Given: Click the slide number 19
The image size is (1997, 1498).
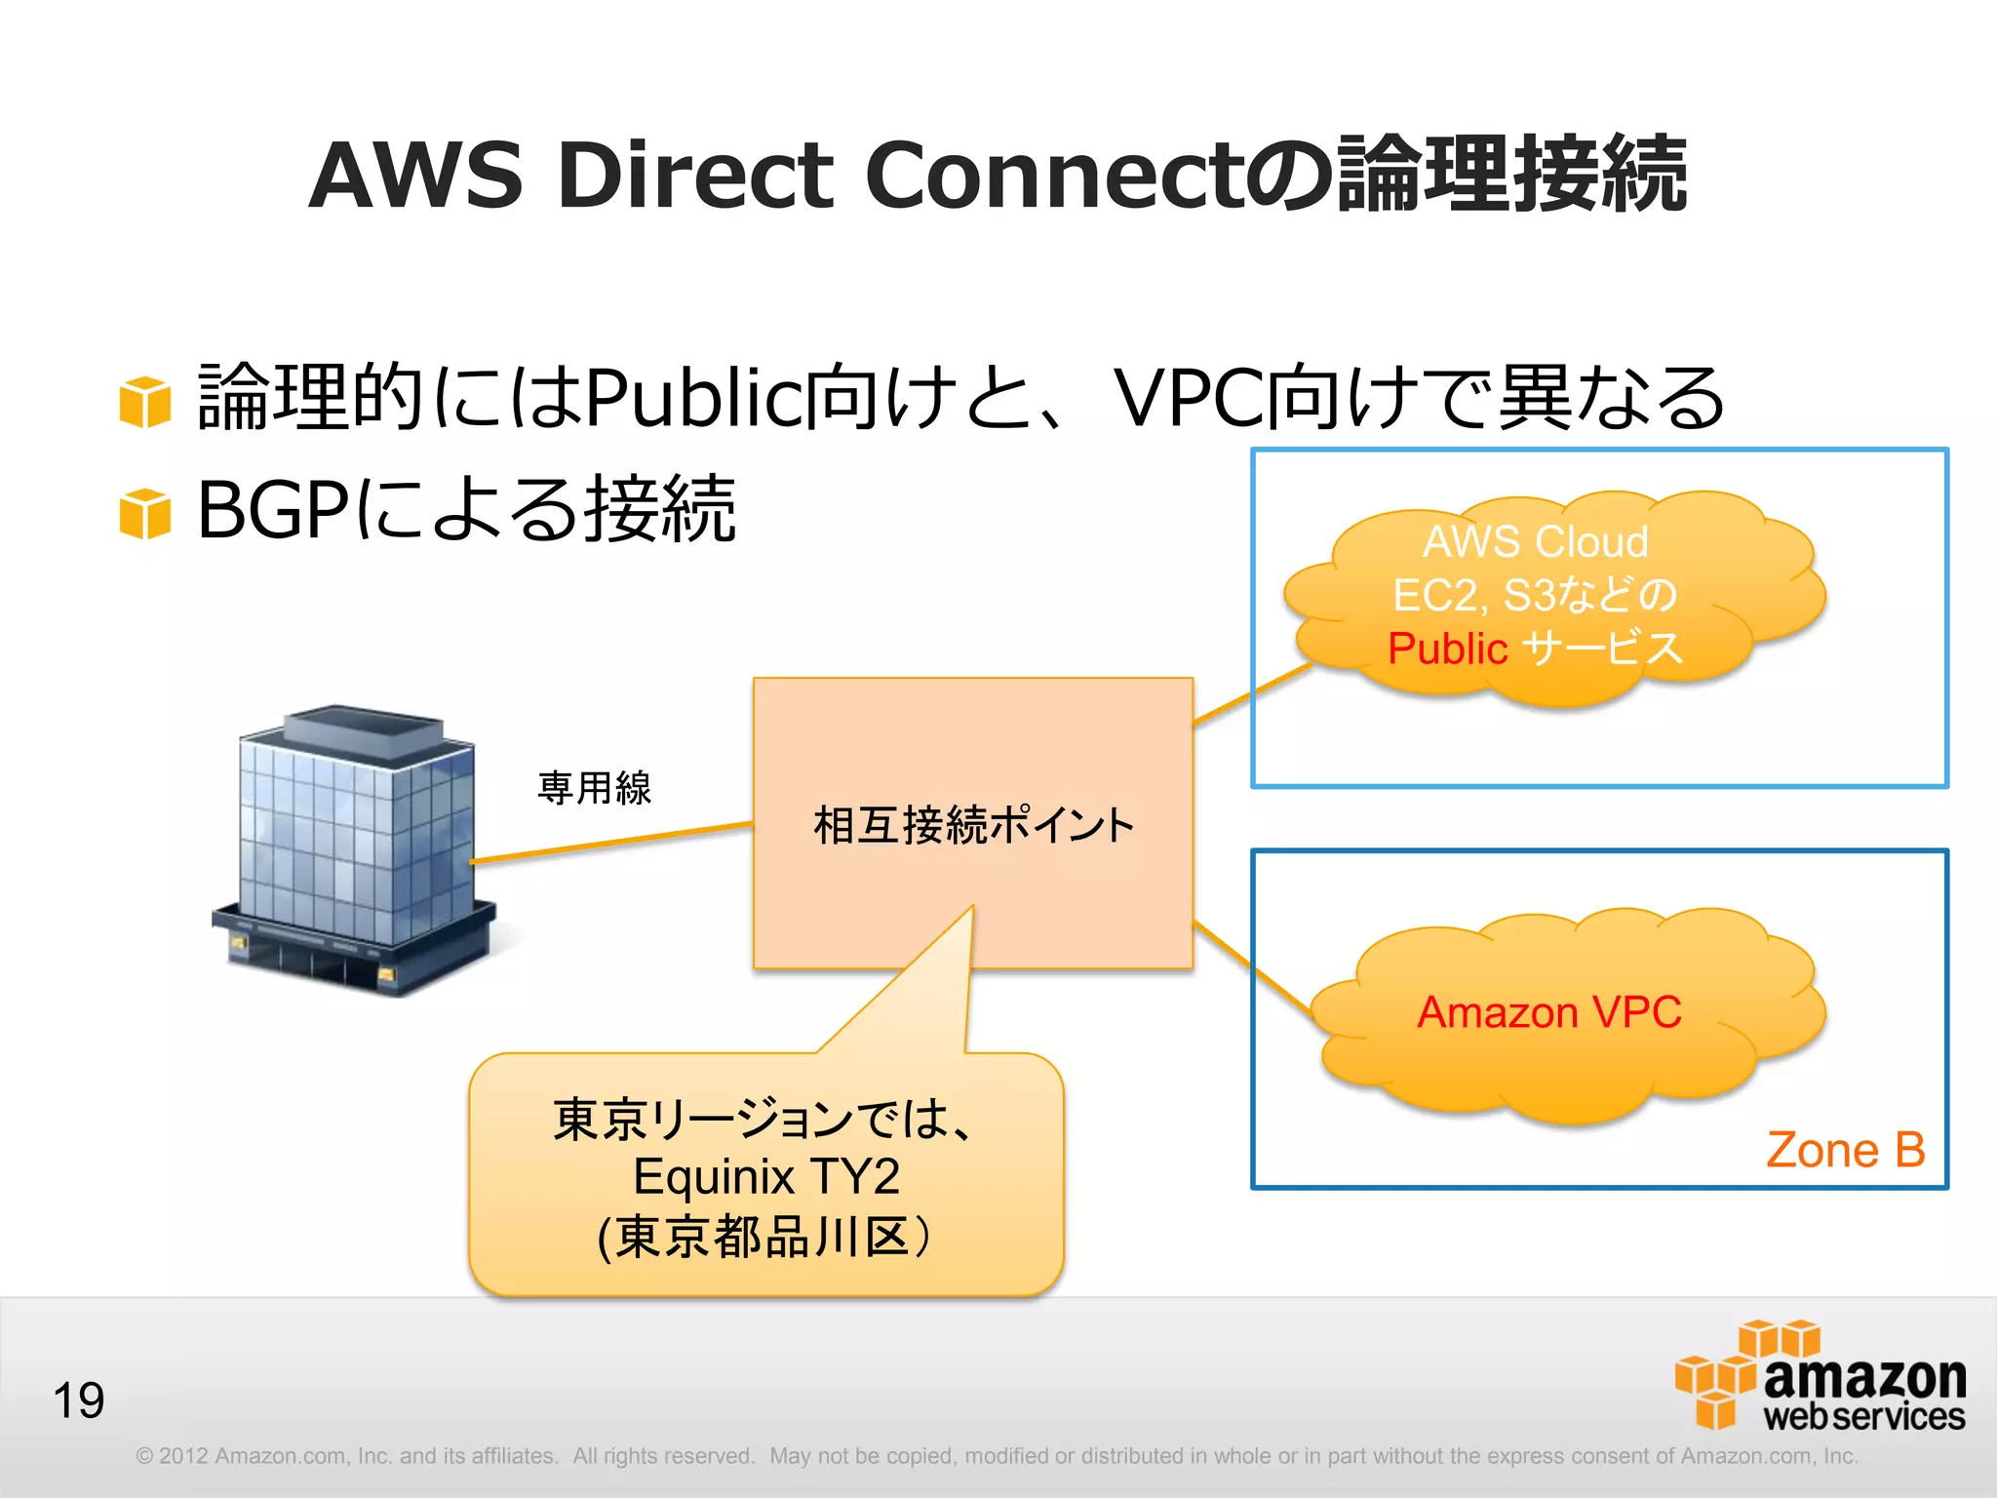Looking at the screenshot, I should pos(78,1401).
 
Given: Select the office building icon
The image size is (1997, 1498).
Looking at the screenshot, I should pos(356,848).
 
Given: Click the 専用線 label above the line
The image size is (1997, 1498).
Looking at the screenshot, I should pos(594,788).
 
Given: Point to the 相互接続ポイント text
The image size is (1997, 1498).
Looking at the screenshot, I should pos(973,825).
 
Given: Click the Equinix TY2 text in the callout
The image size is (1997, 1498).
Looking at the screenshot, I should pos(766,1176).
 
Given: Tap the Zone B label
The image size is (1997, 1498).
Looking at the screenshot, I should pos(1845,1150).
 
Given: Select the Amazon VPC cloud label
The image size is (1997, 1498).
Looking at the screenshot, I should pos(1548,1012).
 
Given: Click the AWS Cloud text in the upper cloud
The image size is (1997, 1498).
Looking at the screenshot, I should pos(1535,542).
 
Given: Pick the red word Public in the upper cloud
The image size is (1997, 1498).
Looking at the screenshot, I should pos(1447,649).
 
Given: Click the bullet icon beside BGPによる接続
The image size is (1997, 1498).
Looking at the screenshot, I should pos(145,513).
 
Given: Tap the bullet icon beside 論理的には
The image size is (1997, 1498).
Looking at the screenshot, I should pos(145,401).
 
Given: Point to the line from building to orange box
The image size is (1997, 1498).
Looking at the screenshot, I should pos(612,843).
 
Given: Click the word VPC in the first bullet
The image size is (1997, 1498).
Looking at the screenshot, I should pos(1188,398).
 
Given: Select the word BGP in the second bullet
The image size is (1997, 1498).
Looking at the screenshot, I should pos(273,510).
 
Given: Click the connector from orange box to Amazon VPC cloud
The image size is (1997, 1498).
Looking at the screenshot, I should pos(1253,967).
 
